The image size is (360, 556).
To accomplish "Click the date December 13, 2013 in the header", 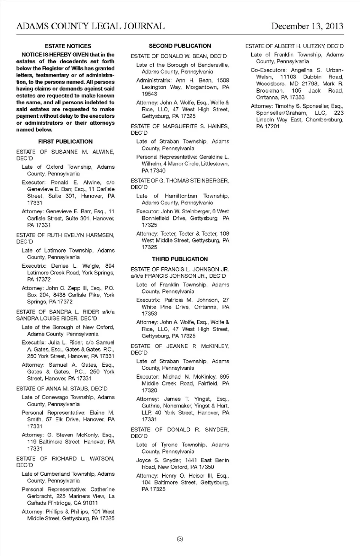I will click(x=307, y=26).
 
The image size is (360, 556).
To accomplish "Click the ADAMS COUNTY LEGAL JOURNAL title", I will click(x=90, y=26).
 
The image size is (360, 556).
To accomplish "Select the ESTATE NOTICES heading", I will click(x=68, y=46).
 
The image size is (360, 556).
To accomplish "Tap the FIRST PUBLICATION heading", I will click(x=65, y=141).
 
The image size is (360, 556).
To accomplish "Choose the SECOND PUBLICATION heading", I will click(x=180, y=46).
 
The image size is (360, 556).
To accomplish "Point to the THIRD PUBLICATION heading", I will click(x=180, y=259).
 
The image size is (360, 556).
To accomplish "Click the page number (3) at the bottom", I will click(x=180, y=539).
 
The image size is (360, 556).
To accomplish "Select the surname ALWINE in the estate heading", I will click(x=103, y=152).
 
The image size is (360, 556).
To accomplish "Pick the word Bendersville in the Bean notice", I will click(x=210, y=65).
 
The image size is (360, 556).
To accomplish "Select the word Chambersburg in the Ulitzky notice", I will click(x=324, y=120).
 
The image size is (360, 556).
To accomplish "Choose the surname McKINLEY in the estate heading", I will click(x=215, y=346).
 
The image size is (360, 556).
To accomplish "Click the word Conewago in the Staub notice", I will click(x=52, y=397).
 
